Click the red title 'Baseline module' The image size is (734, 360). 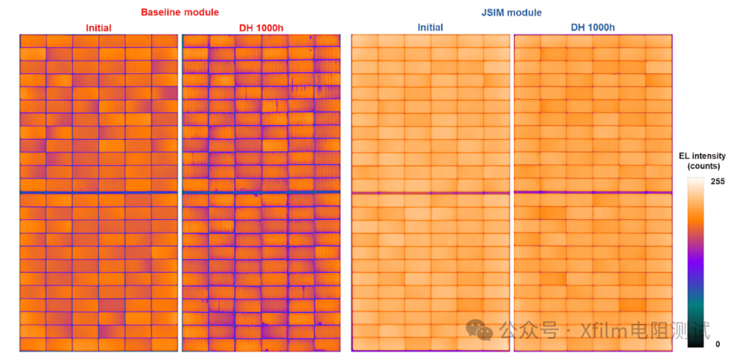tap(180, 12)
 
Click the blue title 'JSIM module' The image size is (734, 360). tap(511, 12)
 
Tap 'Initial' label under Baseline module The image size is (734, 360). tap(99, 28)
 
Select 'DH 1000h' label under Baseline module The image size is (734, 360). tap(261, 28)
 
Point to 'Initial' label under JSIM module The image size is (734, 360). tap(430, 28)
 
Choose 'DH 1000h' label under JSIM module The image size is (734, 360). tap(593, 28)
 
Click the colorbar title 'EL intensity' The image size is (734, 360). tap(702, 156)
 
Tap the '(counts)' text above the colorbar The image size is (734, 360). tap(702, 166)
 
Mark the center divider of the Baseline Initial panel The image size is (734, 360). tap(99, 193)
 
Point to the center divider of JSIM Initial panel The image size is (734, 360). tap(430, 194)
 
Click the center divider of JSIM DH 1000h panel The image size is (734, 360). tap(593, 192)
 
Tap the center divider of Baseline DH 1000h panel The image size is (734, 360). tap(261, 193)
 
